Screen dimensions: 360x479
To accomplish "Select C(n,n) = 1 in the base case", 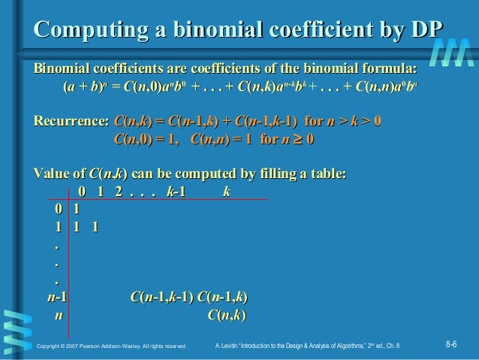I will click(221, 139).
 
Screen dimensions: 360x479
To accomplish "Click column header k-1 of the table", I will click(176, 192).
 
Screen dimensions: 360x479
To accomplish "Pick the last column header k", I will click(226, 192).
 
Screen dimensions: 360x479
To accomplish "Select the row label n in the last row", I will click(57, 316).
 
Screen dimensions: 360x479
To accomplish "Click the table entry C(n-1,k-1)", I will click(161, 298).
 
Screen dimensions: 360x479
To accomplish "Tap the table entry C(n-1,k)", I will click(222, 298).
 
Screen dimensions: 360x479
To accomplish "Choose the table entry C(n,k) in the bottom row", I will click(227, 316).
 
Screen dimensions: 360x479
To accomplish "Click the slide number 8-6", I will click(453, 344).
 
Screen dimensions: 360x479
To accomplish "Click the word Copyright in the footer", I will click(49, 346).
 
